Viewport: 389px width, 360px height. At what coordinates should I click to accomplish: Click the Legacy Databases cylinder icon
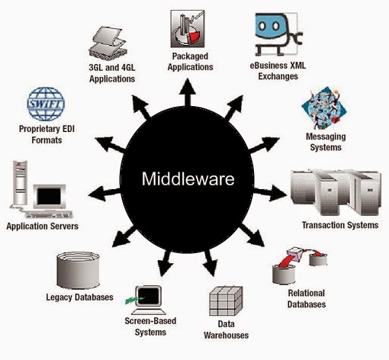click(x=76, y=268)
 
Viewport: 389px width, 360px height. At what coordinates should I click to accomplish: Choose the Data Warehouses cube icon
click(x=227, y=302)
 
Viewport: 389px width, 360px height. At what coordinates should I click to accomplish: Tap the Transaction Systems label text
click(x=339, y=226)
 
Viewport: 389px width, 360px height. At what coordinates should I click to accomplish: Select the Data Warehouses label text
click(x=227, y=330)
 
